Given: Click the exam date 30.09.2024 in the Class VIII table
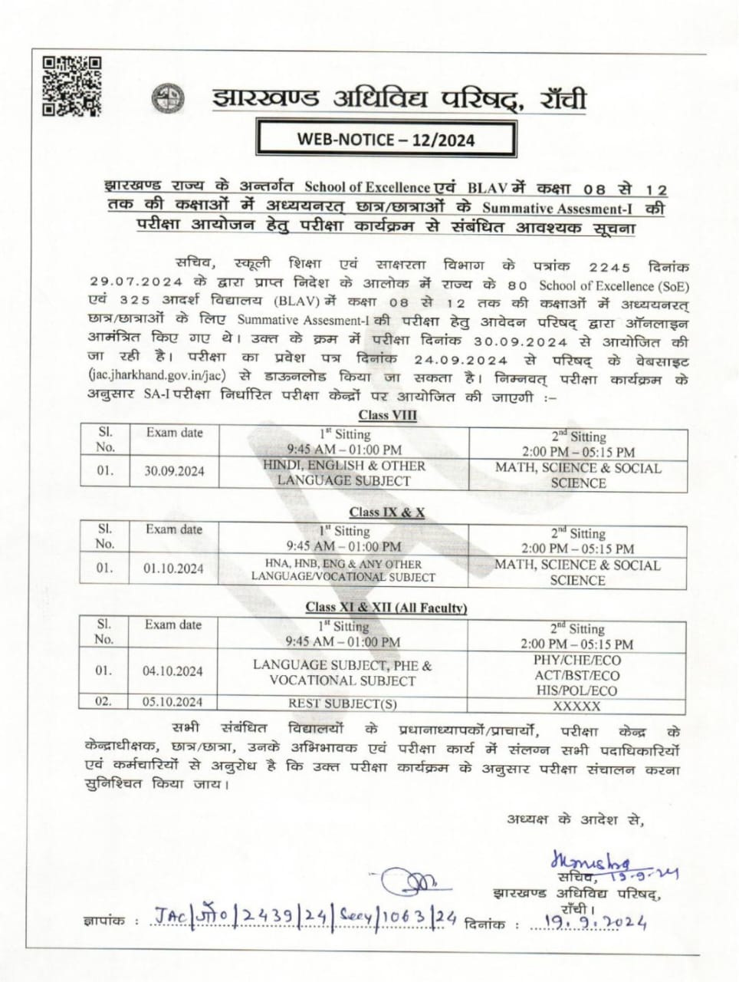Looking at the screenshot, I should coord(175,471).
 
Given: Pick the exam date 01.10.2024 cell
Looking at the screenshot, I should coord(173,568).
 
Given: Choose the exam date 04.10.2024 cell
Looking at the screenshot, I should coord(172,671).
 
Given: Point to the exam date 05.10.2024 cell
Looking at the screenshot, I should coord(172,702).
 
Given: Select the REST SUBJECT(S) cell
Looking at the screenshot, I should coord(343,704).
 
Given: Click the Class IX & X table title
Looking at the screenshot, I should coord(386,512).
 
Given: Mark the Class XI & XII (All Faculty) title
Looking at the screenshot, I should coord(386,608).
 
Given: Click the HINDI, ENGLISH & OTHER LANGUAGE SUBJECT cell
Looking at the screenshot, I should coord(343,473).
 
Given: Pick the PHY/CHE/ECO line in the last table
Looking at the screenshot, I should coord(577,661).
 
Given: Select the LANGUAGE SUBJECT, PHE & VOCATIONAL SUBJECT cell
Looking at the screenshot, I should coord(342,673).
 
